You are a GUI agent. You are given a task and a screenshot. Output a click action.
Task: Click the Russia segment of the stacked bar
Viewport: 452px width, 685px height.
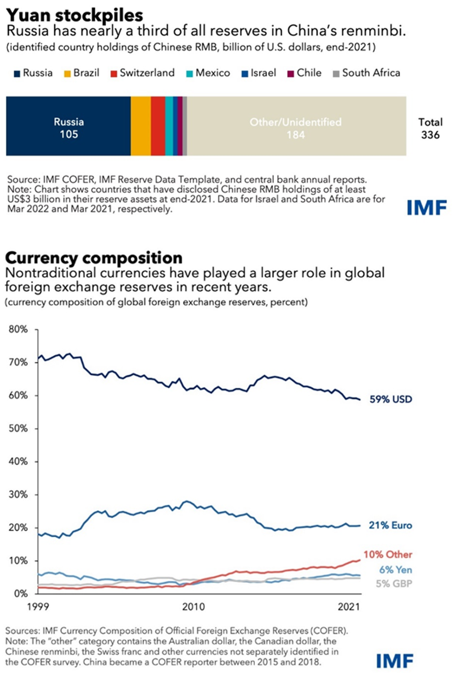(68, 126)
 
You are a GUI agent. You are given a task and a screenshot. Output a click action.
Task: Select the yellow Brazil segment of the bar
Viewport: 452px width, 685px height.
(141, 126)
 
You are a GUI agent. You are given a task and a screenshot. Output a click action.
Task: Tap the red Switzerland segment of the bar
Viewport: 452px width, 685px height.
(158, 126)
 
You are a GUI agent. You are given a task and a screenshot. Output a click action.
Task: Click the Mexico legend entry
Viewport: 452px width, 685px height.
(208, 73)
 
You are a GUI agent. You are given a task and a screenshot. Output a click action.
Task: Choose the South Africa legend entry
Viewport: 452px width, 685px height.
(366, 73)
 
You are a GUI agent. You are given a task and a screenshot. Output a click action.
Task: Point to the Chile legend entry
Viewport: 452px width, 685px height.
(304, 73)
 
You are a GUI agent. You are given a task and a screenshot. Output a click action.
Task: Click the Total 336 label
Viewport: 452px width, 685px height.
(431, 129)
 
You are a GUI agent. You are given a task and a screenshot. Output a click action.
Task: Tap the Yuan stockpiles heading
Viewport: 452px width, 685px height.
(75, 15)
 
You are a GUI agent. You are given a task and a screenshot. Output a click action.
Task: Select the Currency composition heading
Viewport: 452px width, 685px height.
(94, 258)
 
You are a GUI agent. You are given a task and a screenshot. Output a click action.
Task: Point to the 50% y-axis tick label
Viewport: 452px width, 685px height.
(18, 428)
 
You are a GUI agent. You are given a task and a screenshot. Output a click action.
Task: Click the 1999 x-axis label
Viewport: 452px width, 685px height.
(38, 607)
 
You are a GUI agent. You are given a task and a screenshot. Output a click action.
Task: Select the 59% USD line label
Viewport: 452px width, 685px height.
(391, 399)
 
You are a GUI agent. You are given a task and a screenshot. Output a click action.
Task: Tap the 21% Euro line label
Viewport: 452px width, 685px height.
(390, 525)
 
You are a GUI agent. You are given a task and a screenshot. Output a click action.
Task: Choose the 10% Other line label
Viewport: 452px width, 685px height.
(388, 555)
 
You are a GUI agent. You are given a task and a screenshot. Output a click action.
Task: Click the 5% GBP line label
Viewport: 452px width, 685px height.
(394, 584)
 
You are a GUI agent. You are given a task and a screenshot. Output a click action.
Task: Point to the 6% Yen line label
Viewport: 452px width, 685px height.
(395, 570)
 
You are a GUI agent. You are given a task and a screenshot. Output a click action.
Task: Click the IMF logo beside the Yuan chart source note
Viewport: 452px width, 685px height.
(427, 208)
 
